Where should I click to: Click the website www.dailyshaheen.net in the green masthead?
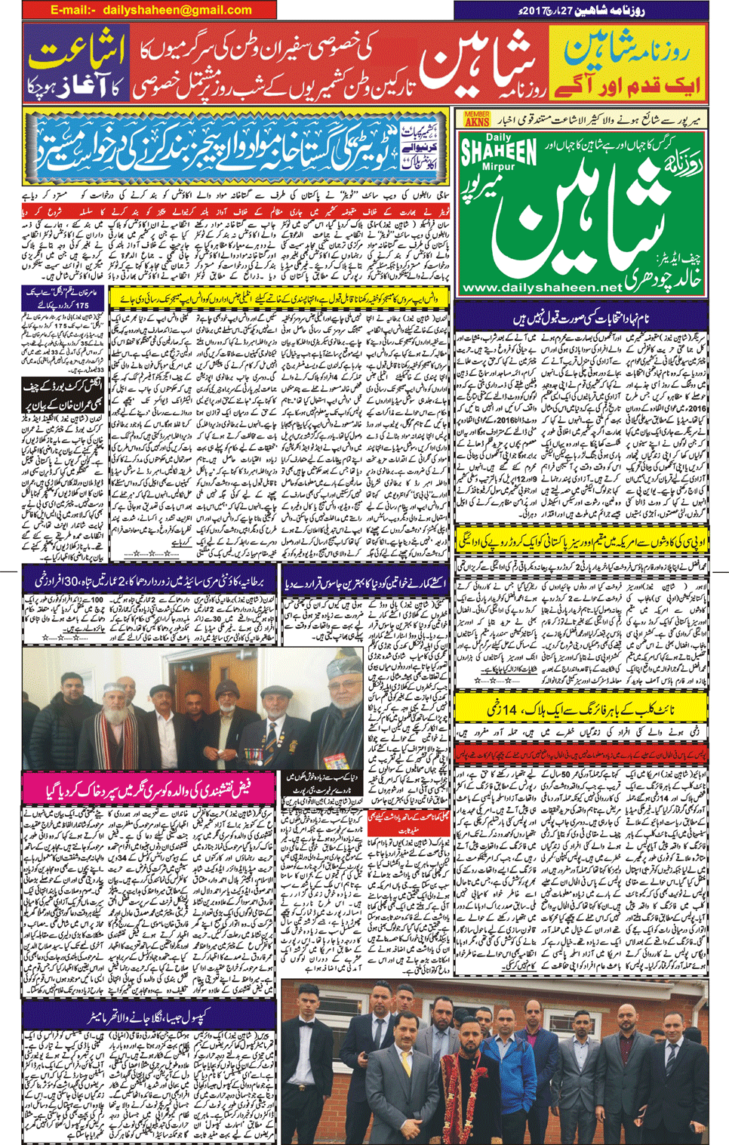pos(542,288)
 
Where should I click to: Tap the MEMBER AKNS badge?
pos(477,119)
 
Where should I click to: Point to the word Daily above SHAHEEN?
pos(498,137)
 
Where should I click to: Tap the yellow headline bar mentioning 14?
pos(581,709)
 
